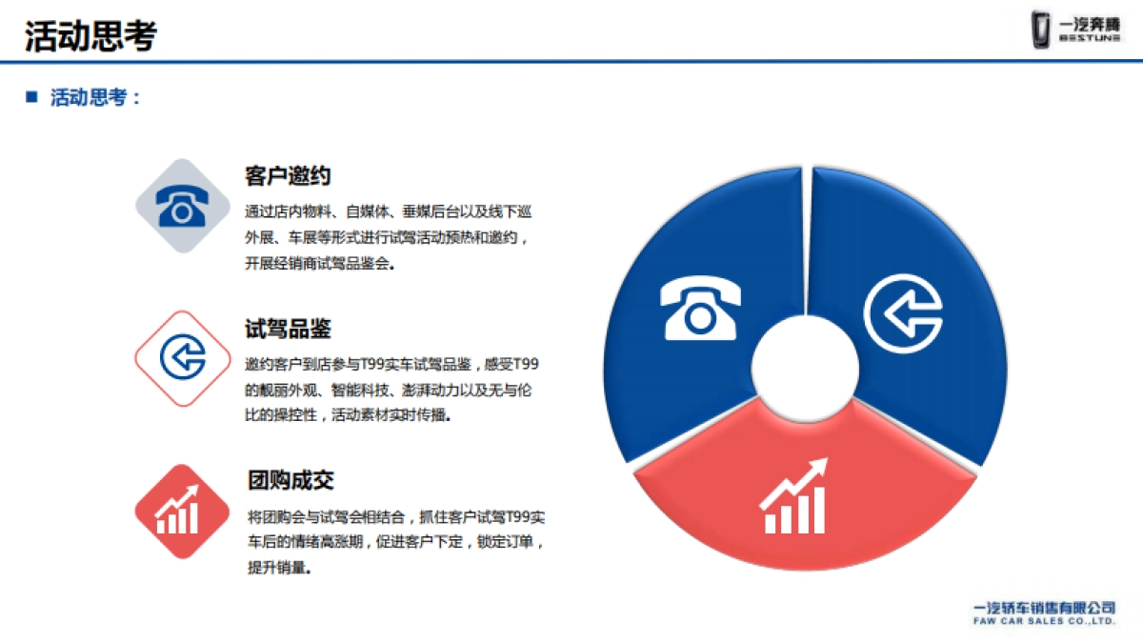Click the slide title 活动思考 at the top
pos(90,35)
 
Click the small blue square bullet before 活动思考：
pos(31,96)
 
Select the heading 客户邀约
pos(288,175)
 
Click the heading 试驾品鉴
pos(288,330)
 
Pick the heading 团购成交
pos(291,480)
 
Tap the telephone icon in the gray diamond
pos(182,206)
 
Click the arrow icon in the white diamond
pos(182,358)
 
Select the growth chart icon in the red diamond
pos(182,512)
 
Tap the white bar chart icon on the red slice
pos(793,497)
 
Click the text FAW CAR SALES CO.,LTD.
pos(1043,621)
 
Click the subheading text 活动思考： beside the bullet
pos(96,97)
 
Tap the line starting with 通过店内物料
pos(388,211)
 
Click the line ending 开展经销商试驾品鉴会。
pos(320,264)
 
